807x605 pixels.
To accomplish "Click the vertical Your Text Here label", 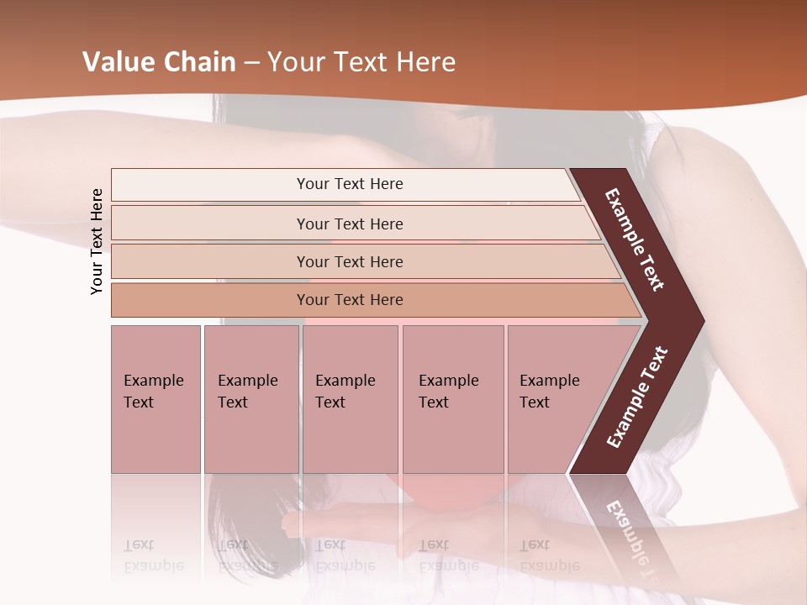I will pos(97,241).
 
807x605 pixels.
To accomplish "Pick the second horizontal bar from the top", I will pos(349,224).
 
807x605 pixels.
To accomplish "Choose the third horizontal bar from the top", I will pos(349,261).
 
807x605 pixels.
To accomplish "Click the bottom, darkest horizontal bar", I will pos(349,300).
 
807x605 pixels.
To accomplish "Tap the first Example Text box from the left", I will pos(156,399).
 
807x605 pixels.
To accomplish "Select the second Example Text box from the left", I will pos(251,399).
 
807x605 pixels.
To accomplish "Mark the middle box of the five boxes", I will pos(350,399).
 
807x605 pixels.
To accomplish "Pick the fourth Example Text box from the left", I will pos(452,399).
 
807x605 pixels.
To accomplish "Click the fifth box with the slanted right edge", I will pos(555,399).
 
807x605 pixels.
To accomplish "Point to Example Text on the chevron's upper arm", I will pos(635,239).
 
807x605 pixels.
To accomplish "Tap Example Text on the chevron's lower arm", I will pos(637,397).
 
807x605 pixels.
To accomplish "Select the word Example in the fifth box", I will pos(549,381).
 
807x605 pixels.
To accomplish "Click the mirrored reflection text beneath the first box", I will pos(153,555).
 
